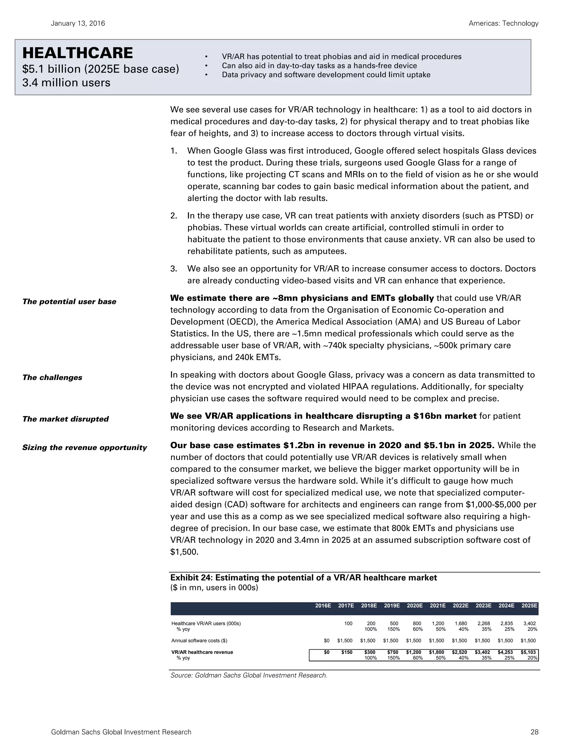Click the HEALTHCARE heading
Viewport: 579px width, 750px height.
coord(77,53)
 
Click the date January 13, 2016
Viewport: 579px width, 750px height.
coord(78,23)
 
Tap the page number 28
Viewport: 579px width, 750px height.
coord(534,732)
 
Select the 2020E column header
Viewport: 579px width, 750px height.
coord(414,606)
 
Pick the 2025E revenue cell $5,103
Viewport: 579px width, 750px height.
coord(528,652)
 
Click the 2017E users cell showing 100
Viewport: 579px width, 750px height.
coord(348,623)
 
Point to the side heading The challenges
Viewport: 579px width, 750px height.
coord(52,377)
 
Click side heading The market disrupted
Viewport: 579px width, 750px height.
coord(65,419)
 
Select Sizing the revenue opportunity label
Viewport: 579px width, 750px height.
coord(84,447)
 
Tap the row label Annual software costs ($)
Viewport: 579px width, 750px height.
coord(199,640)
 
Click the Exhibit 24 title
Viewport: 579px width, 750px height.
coord(304,578)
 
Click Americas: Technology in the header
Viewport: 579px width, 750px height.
coord(503,23)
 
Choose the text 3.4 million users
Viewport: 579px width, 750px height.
coord(66,83)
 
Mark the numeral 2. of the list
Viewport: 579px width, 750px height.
coord(174,216)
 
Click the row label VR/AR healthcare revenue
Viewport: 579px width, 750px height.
coord(202,652)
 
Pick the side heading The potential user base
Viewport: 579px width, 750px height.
coord(69,301)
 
